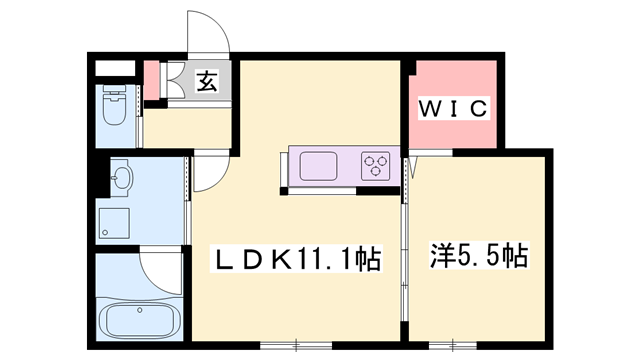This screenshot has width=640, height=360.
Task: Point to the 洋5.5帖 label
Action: pyautogui.click(x=479, y=255)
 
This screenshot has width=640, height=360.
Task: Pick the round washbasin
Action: pyautogui.click(x=121, y=180)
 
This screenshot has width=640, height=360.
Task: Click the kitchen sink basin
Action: pyautogui.click(x=318, y=165)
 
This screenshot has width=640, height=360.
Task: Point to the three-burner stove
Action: pyautogui.click(x=375, y=164)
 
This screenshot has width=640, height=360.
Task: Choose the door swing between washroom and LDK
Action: pyautogui.click(x=207, y=172)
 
